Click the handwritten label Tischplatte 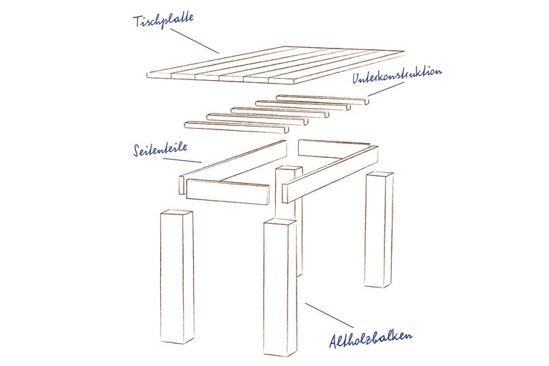(x=163, y=20)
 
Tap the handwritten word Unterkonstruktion (x=397, y=75)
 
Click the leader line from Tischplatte (x=194, y=41)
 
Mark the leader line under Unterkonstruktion (x=386, y=89)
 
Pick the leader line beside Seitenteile (x=182, y=160)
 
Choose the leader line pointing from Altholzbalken (x=329, y=315)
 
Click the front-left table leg (x=177, y=277)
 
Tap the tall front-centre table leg (x=280, y=287)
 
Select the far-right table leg (x=378, y=229)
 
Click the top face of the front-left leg (x=177, y=212)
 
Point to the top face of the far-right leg (x=380, y=174)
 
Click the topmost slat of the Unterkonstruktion (x=322, y=99)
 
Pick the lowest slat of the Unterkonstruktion (x=237, y=127)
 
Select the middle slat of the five (x=280, y=112)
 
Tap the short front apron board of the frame (x=228, y=192)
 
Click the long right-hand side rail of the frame (x=330, y=174)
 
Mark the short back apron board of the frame (x=334, y=149)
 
